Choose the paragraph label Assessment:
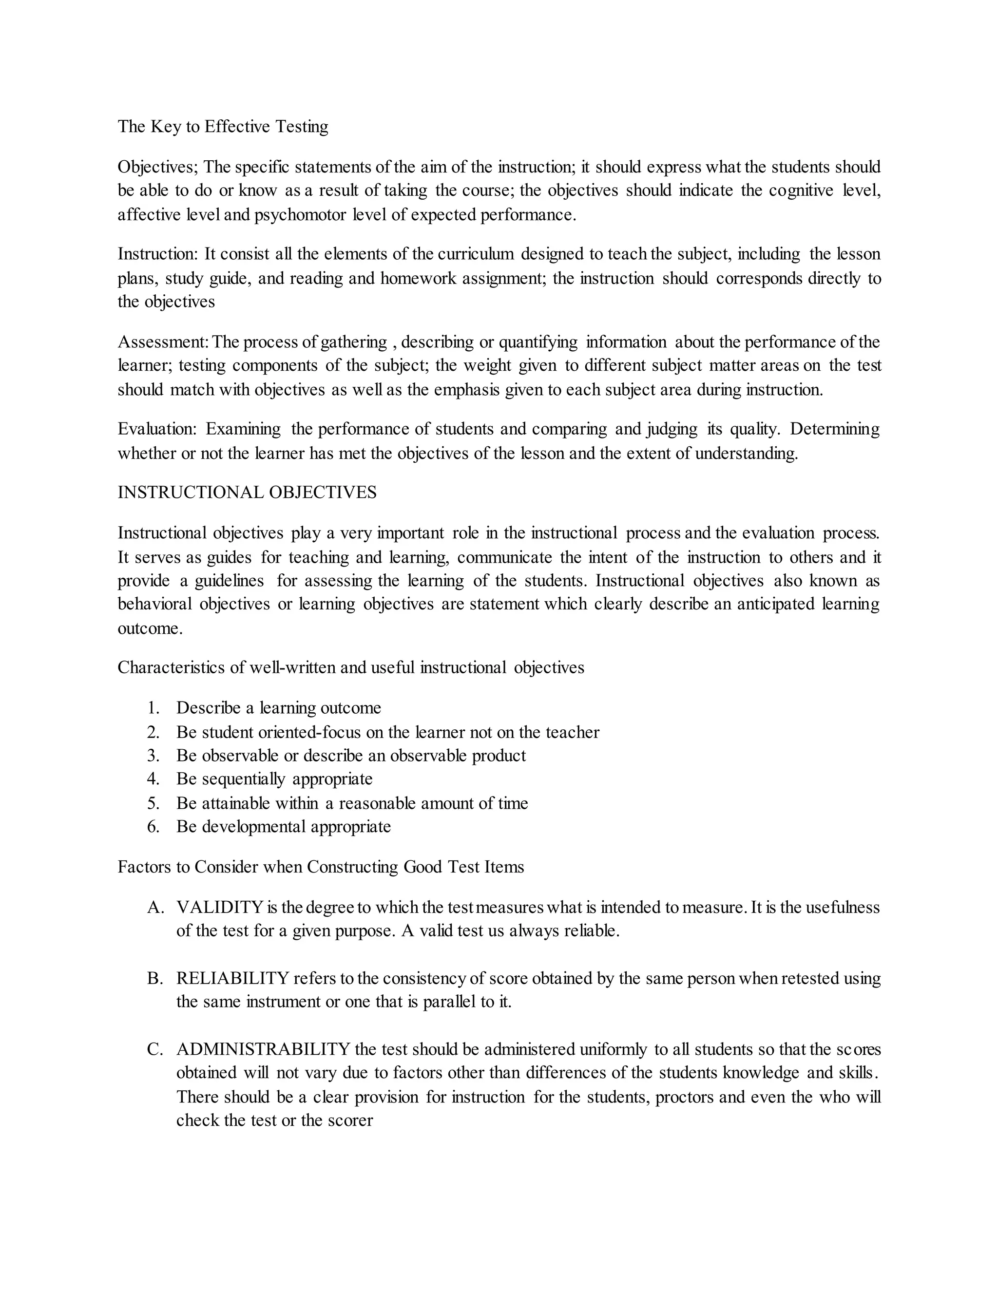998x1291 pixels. coord(163,342)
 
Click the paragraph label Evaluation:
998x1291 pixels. coord(157,429)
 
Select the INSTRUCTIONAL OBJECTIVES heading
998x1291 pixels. coord(247,493)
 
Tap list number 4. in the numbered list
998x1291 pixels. coord(154,779)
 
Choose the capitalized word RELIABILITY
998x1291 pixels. coord(232,978)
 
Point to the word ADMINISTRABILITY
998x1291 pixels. coord(264,1049)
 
